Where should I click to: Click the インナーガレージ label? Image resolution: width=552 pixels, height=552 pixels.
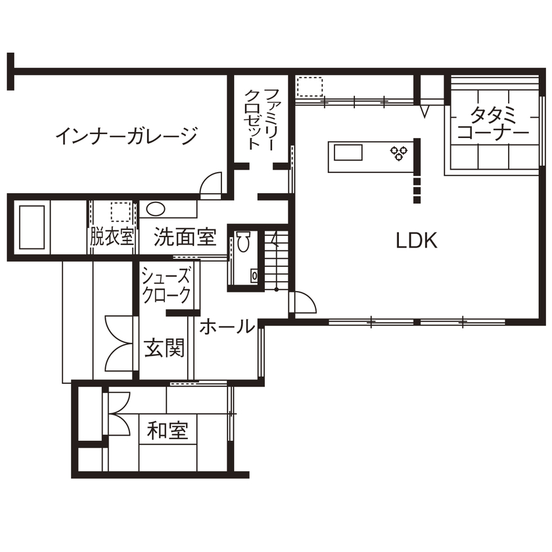click(x=126, y=136)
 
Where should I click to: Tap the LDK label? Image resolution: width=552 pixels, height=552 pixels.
click(x=416, y=241)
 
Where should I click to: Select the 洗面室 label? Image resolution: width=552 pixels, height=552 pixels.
click(x=185, y=237)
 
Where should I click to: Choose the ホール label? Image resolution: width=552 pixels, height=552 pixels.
click(x=227, y=326)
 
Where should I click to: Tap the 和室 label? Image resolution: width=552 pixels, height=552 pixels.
click(x=168, y=431)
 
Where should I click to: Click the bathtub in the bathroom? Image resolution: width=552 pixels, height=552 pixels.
click(x=32, y=227)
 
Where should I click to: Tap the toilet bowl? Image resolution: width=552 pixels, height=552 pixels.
click(x=242, y=243)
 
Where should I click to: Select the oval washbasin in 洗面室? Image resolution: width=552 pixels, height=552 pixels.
click(x=155, y=210)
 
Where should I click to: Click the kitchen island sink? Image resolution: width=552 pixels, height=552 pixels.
click(x=348, y=153)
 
